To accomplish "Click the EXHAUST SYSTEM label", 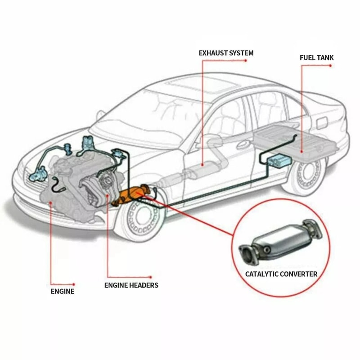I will (226, 53).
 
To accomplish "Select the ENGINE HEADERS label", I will (131, 285).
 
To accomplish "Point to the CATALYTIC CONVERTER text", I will (281, 274).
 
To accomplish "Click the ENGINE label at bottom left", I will (62, 292).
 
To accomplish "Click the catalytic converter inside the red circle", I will (281, 243).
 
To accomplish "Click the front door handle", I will (243, 145).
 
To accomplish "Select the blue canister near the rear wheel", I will (278, 160).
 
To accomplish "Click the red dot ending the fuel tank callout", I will (331, 66).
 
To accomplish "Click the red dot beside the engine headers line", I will (151, 277).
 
